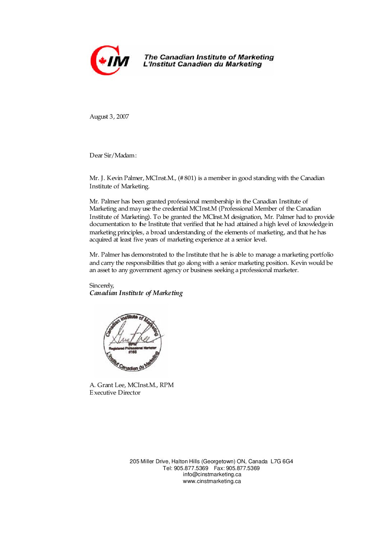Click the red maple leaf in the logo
coord(103,61)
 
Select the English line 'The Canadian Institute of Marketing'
coord(208,57)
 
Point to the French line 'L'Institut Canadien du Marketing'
coord(202,64)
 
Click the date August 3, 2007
coord(109,116)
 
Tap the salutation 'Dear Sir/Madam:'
coord(113,155)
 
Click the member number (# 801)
coord(187,178)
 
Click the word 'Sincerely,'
coord(102,285)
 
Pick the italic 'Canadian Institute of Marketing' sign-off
coord(136,293)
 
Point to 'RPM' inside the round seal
coord(133,344)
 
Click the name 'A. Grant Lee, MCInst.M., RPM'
coord(131,385)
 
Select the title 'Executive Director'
coord(115,392)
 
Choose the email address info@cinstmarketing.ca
coord(212,474)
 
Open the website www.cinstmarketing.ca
coord(212,481)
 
